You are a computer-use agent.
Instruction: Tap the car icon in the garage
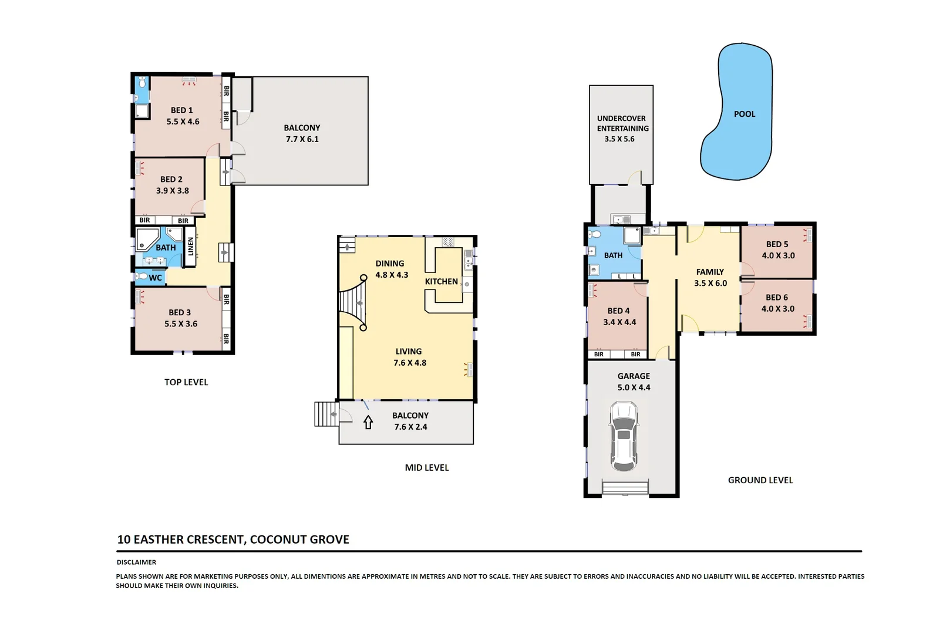click(623, 436)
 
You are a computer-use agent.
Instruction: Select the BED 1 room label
click(181, 110)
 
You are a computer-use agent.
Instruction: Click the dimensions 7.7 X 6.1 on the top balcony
click(302, 139)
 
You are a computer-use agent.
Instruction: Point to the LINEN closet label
click(190, 247)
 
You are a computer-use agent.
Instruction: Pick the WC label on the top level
click(155, 278)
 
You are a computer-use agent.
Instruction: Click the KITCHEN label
click(441, 282)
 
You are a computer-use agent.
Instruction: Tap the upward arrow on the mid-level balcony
click(368, 422)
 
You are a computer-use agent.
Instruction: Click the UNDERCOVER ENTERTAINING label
click(622, 123)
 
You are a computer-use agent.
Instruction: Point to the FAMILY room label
click(710, 272)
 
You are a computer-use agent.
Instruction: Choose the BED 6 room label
click(777, 298)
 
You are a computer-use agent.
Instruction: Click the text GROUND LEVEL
click(760, 480)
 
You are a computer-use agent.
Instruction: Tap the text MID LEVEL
click(426, 468)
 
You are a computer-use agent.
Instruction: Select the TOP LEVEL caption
click(186, 382)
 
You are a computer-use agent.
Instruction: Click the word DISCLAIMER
click(136, 562)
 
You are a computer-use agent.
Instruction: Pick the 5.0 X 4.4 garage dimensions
click(634, 387)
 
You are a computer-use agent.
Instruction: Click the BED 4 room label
click(618, 311)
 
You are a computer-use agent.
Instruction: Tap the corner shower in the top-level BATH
click(146, 239)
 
